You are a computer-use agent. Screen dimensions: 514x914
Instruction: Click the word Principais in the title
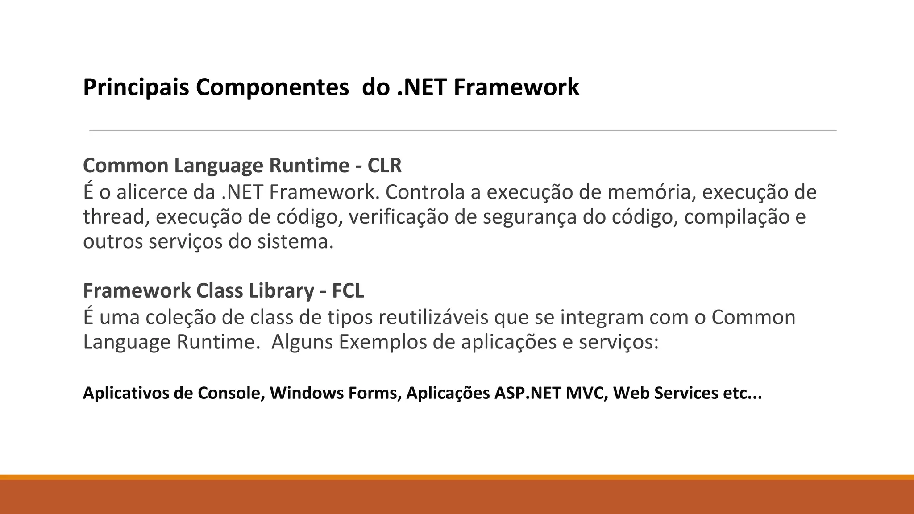(x=136, y=87)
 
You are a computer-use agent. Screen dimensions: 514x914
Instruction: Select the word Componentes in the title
(x=272, y=87)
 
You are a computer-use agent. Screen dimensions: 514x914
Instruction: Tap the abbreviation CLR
(x=384, y=166)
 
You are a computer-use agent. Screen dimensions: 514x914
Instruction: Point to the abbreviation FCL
(x=348, y=291)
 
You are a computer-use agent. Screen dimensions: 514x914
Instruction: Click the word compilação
(x=736, y=217)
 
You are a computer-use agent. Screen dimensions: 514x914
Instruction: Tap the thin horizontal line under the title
(x=463, y=130)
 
